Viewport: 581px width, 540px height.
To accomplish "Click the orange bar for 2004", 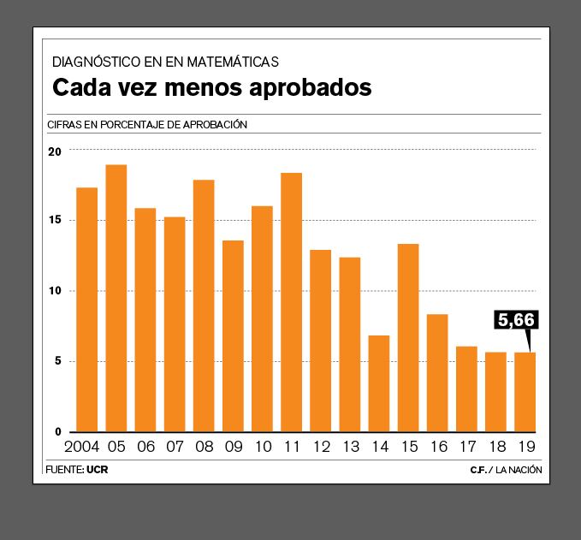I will (x=86, y=309).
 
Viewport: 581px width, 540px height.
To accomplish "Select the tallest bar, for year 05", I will (x=116, y=298).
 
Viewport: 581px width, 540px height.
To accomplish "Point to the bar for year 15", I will (x=408, y=337).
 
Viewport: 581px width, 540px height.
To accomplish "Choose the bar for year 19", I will (x=525, y=392).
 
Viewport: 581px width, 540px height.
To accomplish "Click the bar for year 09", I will (x=233, y=335).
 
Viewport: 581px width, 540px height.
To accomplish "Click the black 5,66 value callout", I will (x=516, y=320).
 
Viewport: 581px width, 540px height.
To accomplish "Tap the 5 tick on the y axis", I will (x=58, y=361).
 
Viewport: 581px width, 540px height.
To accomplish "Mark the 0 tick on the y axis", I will (x=58, y=432).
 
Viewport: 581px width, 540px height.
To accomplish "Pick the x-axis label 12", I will (x=322, y=448).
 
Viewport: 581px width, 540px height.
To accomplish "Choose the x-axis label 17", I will (x=467, y=448).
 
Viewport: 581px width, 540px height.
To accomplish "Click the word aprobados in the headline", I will (x=308, y=88).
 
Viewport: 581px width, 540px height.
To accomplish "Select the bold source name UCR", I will (x=98, y=470).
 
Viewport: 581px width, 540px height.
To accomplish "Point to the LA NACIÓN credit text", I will (x=519, y=470).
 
